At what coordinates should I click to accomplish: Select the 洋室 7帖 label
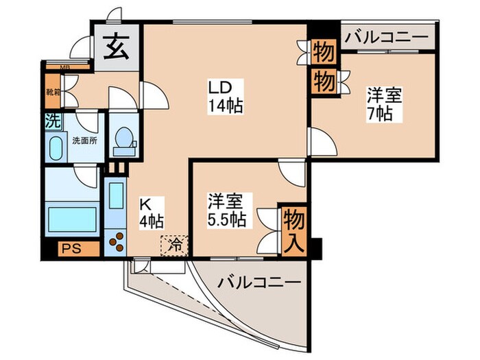click(379, 104)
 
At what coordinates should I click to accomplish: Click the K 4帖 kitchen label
click(151, 213)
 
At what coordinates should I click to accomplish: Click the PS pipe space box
click(71, 248)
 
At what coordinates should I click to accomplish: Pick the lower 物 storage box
click(324, 82)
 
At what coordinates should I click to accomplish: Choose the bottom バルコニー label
click(259, 282)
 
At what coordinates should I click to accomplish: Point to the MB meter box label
click(65, 67)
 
